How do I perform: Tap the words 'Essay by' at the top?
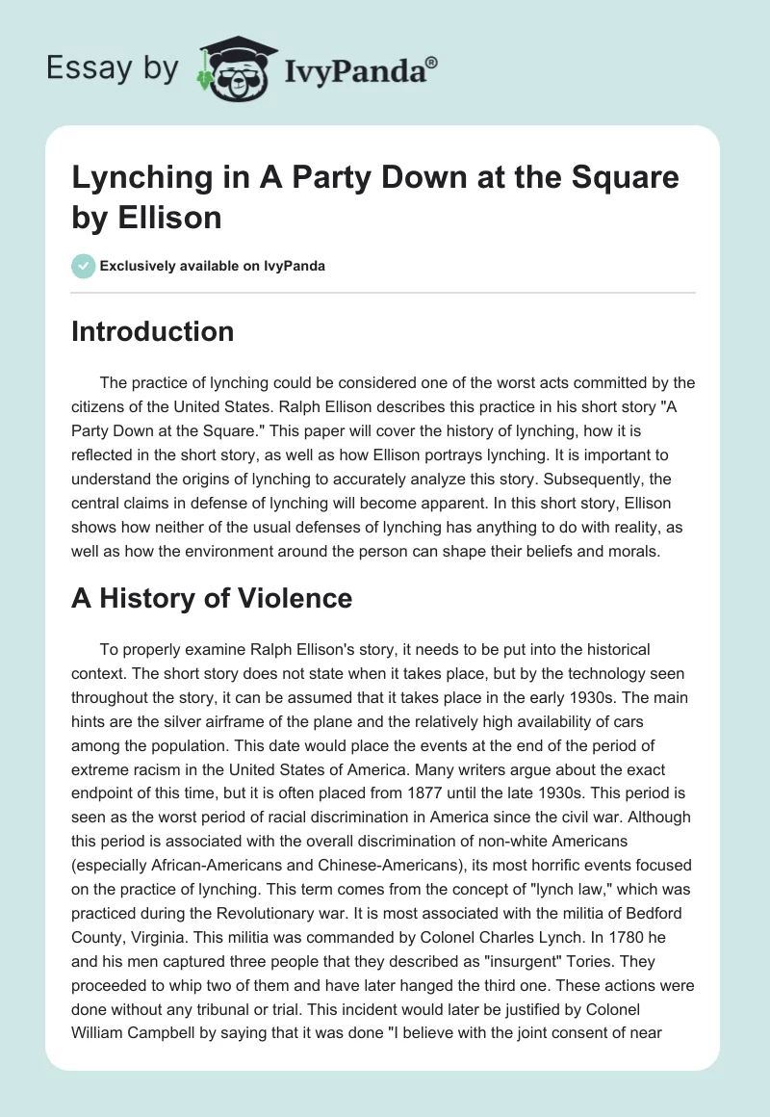coord(113,69)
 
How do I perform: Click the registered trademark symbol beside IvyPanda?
coord(432,63)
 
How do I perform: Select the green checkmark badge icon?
coord(83,266)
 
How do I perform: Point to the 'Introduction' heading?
coord(152,331)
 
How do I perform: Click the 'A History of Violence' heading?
coord(212,598)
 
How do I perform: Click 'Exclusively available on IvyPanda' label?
coord(212,266)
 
